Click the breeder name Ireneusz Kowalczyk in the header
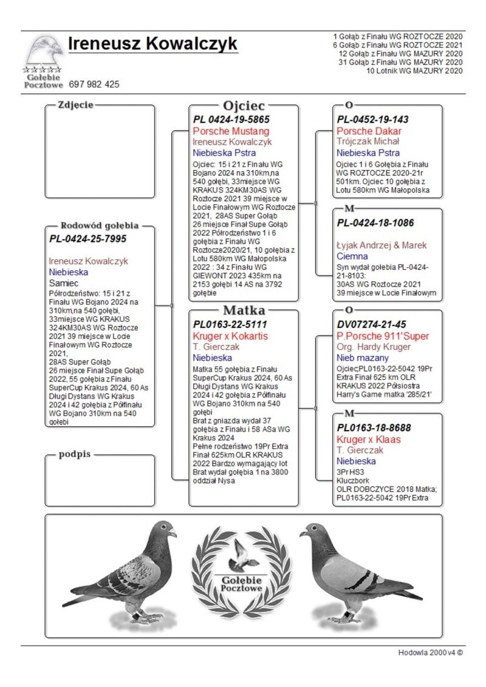pyautogui.click(x=152, y=44)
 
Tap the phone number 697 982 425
pyautogui.click(x=94, y=84)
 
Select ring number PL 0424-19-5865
pyautogui.click(x=231, y=120)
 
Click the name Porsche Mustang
pyautogui.click(x=231, y=131)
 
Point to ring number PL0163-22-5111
pyautogui.click(x=230, y=324)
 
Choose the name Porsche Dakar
pyautogui.click(x=369, y=131)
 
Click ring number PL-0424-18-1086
pyautogui.click(x=375, y=223)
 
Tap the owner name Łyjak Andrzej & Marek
pyautogui.click(x=382, y=245)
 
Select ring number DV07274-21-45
pyautogui.click(x=371, y=324)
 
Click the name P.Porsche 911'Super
pyautogui.click(x=383, y=336)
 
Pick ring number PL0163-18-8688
pyautogui.click(x=374, y=428)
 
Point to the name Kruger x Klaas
pyautogui.click(x=369, y=439)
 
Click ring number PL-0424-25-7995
pyautogui.click(x=89, y=239)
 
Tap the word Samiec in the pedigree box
pyautogui.click(x=64, y=283)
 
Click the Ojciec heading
pyautogui.click(x=244, y=106)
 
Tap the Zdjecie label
pyautogui.click(x=75, y=104)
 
